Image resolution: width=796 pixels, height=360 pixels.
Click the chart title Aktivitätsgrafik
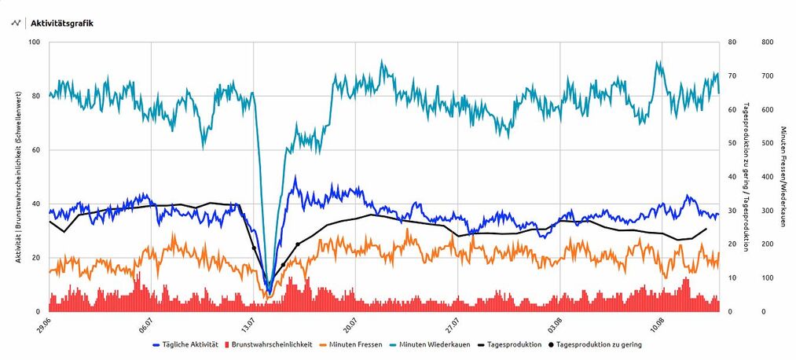pyautogui.click(x=62, y=23)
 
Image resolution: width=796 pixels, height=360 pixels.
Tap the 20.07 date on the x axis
pyautogui.click(x=350, y=324)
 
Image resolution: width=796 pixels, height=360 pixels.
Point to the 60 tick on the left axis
pyautogui.click(x=37, y=150)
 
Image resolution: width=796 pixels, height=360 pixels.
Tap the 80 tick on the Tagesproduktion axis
pyautogui.click(x=732, y=42)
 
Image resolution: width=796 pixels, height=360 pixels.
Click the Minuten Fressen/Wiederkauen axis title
pyautogui.click(x=783, y=177)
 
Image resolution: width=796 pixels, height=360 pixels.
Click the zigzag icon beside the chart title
pyautogui.click(x=15, y=23)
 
